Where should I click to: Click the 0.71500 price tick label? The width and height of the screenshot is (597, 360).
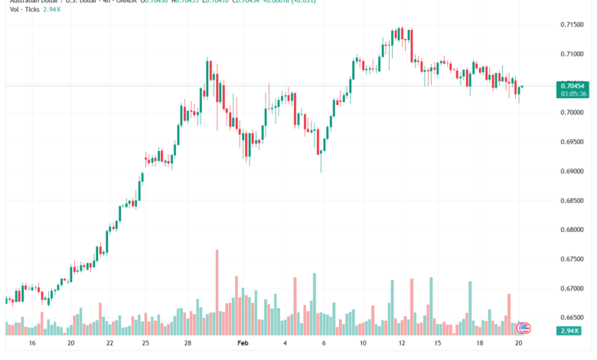[x=571, y=25]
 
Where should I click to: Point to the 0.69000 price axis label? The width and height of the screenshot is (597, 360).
[x=571, y=171]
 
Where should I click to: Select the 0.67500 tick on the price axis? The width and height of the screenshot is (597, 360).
[x=571, y=259]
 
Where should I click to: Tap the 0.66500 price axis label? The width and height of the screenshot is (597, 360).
[x=571, y=317]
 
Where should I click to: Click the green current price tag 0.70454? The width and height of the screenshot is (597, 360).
[x=572, y=86]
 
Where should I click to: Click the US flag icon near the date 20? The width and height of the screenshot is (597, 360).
[x=524, y=328]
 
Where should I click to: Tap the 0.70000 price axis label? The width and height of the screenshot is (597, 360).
[x=571, y=113]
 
